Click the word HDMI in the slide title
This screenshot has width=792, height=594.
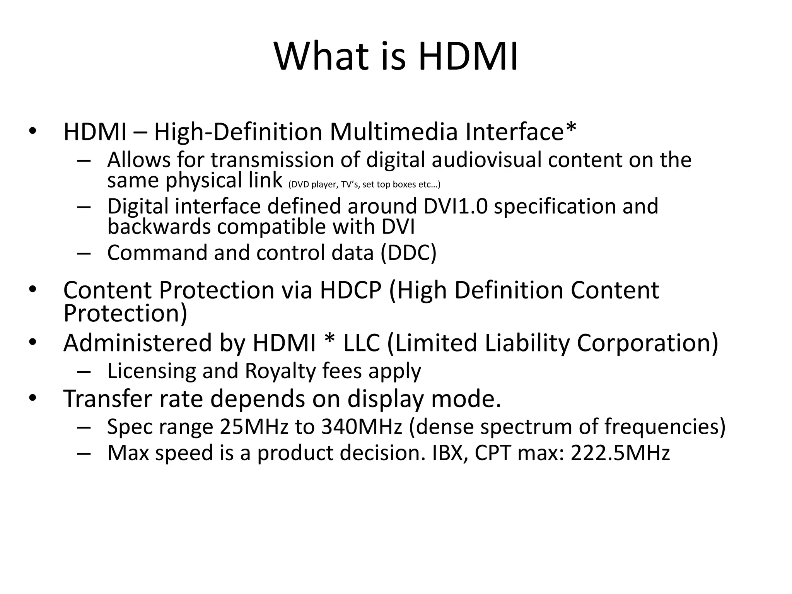click(x=468, y=57)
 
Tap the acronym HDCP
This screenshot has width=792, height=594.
click(x=350, y=290)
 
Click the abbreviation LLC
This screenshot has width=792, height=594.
click(x=362, y=343)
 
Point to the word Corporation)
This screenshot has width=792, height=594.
click(x=647, y=343)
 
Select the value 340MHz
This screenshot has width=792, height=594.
click(x=362, y=427)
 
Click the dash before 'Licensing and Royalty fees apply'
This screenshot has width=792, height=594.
click(x=84, y=372)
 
